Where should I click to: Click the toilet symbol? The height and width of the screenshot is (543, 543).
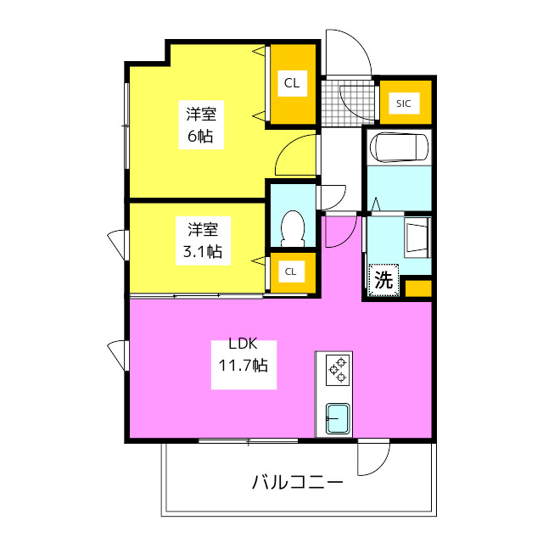(x=293, y=226)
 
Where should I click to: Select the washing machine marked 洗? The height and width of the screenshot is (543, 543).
(x=383, y=280)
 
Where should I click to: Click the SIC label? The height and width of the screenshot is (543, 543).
(x=403, y=104)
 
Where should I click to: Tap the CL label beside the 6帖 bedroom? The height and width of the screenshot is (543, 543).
(x=292, y=83)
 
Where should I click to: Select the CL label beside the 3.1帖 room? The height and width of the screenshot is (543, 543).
(x=291, y=271)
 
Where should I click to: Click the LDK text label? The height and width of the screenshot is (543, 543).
(x=243, y=345)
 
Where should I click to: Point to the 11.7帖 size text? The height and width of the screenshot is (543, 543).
(x=243, y=367)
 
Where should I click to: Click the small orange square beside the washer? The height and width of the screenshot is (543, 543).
(x=417, y=288)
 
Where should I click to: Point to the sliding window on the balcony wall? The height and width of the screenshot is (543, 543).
(x=248, y=440)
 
